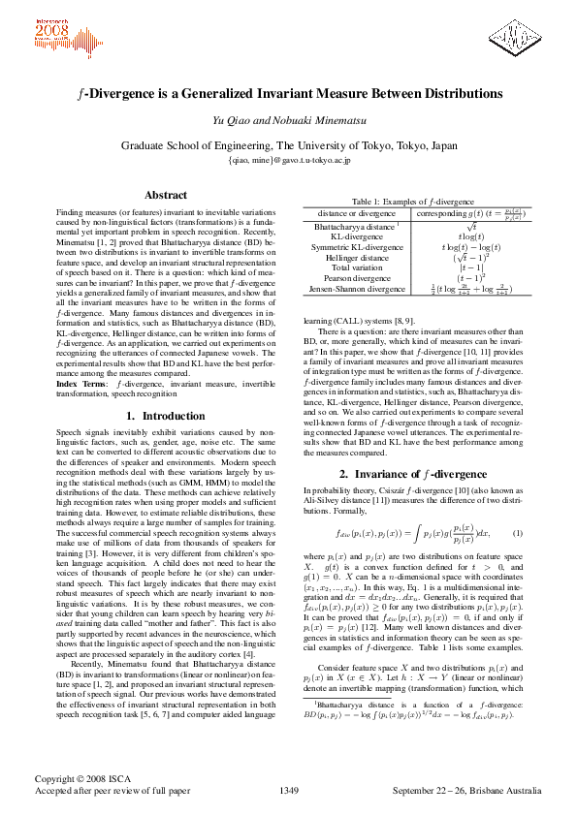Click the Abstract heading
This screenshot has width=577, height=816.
coord(165,195)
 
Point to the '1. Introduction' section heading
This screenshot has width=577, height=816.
coord(165,443)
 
